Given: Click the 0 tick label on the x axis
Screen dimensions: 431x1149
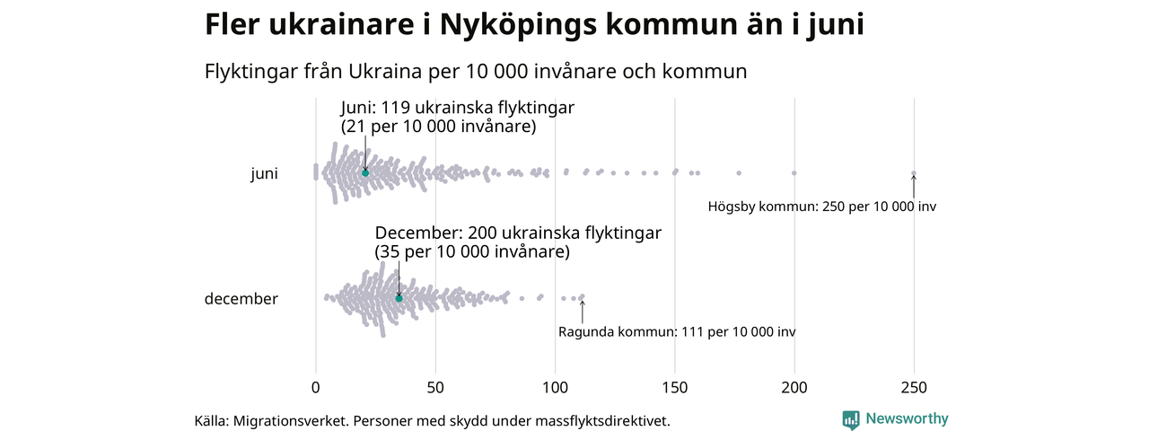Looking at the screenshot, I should (x=316, y=388).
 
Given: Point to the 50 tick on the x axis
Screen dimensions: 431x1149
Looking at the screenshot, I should (x=435, y=388).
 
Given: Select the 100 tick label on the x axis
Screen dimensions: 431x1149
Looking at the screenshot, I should (x=555, y=388).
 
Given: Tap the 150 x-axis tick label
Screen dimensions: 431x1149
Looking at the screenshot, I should (x=675, y=388).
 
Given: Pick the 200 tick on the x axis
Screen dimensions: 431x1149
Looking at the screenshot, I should (x=794, y=388).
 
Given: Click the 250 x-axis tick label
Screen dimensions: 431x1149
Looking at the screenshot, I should (x=914, y=388).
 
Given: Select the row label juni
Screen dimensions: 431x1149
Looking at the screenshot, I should (x=264, y=174).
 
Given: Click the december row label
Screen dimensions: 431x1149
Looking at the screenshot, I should (x=241, y=299).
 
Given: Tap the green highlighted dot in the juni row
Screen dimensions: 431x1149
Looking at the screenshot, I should (x=365, y=172).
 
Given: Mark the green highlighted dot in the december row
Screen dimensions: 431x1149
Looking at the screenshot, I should (x=399, y=298).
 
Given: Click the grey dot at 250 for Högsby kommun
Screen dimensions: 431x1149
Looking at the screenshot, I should (x=914, y=173).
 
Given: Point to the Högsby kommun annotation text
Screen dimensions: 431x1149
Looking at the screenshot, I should (x=821, y=207).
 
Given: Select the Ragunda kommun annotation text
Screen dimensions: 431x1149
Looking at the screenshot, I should (x=677, y=332).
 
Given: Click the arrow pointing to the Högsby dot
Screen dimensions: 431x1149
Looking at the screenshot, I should (x=914, y=187).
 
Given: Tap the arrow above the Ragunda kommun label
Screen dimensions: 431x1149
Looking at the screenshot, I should (x=583, y=312).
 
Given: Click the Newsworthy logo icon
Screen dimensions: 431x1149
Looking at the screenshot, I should (x=851, y=419).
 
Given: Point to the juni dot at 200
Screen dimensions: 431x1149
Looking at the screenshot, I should (x=794, y=172).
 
